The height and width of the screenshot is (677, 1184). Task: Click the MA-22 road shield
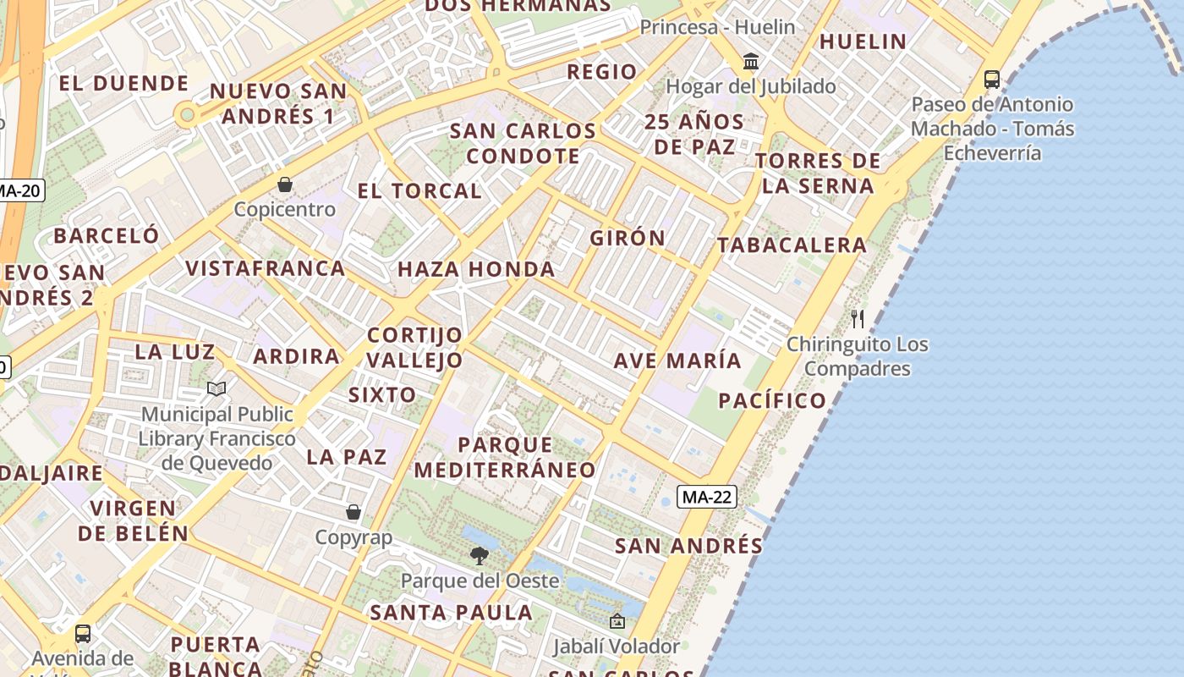706,497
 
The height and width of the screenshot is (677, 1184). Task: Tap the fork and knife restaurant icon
858,319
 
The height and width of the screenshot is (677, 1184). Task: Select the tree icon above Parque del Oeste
480,556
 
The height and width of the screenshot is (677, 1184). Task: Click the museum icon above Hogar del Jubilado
750,61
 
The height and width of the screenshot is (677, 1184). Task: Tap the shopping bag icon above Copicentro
285,184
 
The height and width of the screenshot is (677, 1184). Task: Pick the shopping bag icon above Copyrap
354,512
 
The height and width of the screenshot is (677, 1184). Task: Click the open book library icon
217,388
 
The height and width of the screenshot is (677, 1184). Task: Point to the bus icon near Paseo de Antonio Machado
992,80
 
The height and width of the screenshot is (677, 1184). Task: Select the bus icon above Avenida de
83,633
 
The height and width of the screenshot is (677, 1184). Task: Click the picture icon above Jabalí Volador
617,621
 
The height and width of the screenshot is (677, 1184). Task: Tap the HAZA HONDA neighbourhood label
476,270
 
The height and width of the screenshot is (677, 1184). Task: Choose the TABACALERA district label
792,245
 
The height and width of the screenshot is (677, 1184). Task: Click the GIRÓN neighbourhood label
628,239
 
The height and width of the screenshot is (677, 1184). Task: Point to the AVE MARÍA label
677,361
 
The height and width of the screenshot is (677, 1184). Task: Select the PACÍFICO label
772,400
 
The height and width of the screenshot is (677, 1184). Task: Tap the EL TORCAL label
419,191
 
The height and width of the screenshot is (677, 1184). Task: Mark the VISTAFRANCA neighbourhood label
265,268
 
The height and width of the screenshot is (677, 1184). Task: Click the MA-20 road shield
19,190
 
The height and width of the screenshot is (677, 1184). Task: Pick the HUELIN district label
863,41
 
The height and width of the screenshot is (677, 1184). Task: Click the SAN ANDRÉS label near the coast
688,546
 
